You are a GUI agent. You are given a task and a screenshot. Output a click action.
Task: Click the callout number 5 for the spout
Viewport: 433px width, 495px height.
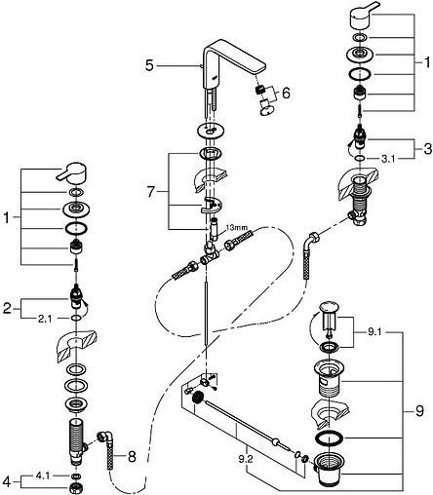point(149,65)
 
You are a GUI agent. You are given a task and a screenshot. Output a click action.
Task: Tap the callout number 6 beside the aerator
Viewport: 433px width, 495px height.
point(286,94)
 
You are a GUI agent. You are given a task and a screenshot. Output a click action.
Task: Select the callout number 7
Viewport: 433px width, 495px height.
point(150,192)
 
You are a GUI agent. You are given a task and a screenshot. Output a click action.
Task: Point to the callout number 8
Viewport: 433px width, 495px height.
point(132,457)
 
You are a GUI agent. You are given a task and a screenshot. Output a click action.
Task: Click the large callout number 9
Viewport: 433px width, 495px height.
point(419,411)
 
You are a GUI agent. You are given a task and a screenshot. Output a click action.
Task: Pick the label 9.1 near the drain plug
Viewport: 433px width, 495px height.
point(374,332)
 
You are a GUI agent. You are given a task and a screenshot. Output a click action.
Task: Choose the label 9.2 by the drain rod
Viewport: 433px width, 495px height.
point(247,459)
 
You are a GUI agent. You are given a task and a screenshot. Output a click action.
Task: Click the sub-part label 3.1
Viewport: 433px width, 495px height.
point(388,159)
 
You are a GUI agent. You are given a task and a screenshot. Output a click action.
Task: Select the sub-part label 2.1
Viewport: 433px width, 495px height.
point(45,319)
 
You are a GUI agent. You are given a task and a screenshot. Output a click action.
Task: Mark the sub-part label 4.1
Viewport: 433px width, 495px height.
point(42,476)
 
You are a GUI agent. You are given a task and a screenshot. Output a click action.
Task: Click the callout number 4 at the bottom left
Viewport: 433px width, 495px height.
point(7,481)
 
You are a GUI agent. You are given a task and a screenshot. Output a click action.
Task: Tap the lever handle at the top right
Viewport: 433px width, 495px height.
point(363,16)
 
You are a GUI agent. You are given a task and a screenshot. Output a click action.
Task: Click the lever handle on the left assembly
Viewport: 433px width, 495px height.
point(72,172)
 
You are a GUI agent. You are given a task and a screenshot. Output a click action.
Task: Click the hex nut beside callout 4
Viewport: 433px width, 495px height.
point(76,486)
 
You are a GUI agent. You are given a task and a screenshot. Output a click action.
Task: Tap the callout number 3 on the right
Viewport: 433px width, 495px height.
point(428,149)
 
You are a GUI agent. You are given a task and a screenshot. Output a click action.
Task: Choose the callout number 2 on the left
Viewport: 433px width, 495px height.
point(7,308)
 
